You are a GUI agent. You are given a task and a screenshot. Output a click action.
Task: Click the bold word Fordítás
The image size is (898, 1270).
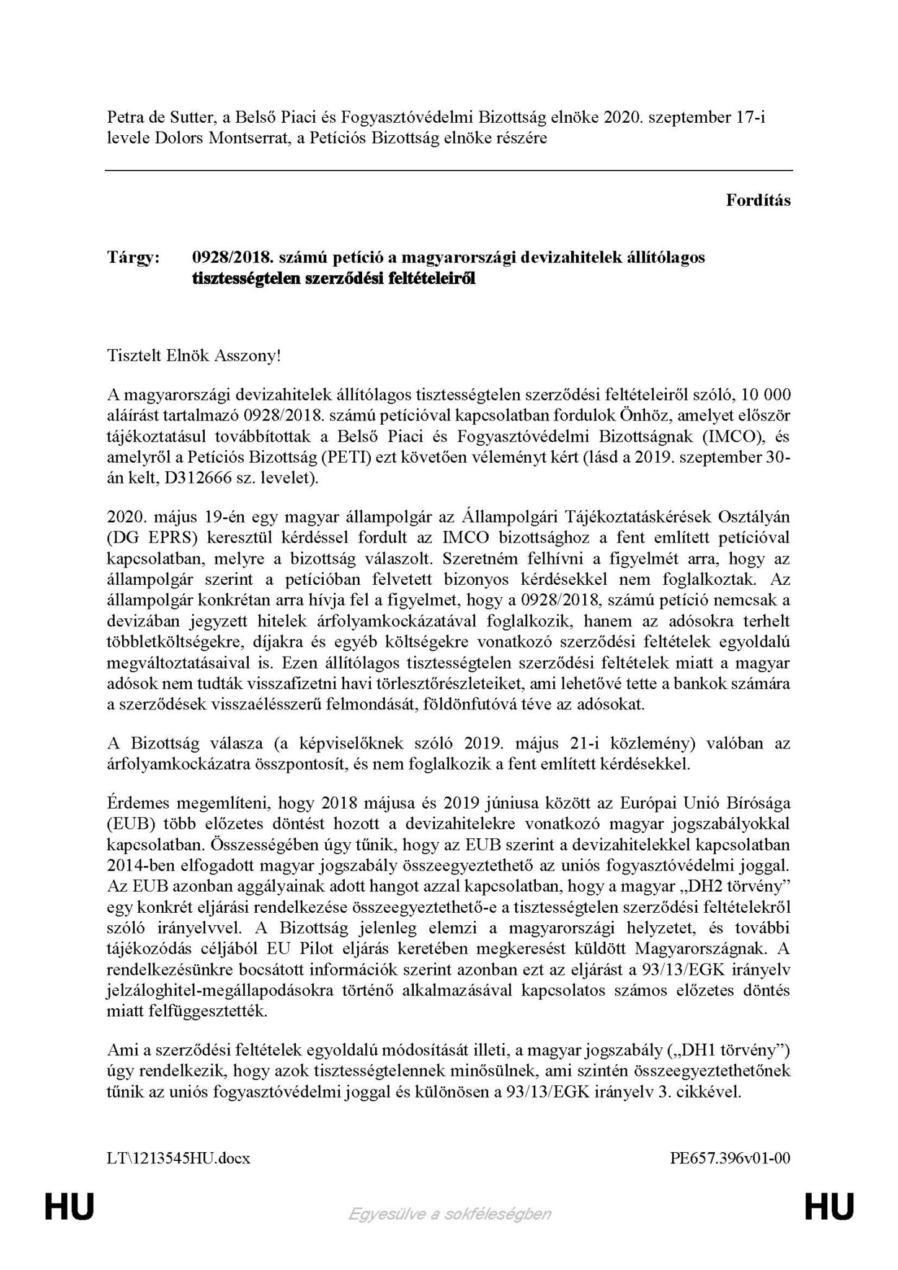click(758, 200)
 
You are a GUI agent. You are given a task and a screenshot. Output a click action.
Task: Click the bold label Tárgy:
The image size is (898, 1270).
click(133, 257)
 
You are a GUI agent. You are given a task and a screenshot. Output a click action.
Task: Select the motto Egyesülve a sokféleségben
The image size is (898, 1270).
click(449, 1213)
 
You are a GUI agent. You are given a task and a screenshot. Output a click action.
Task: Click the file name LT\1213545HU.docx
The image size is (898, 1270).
click(179, 1158)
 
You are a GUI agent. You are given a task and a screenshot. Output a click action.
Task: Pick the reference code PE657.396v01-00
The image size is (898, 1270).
click(730, 1158)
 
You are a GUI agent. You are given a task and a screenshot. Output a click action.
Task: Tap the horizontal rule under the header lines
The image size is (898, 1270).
click(449, 170)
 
